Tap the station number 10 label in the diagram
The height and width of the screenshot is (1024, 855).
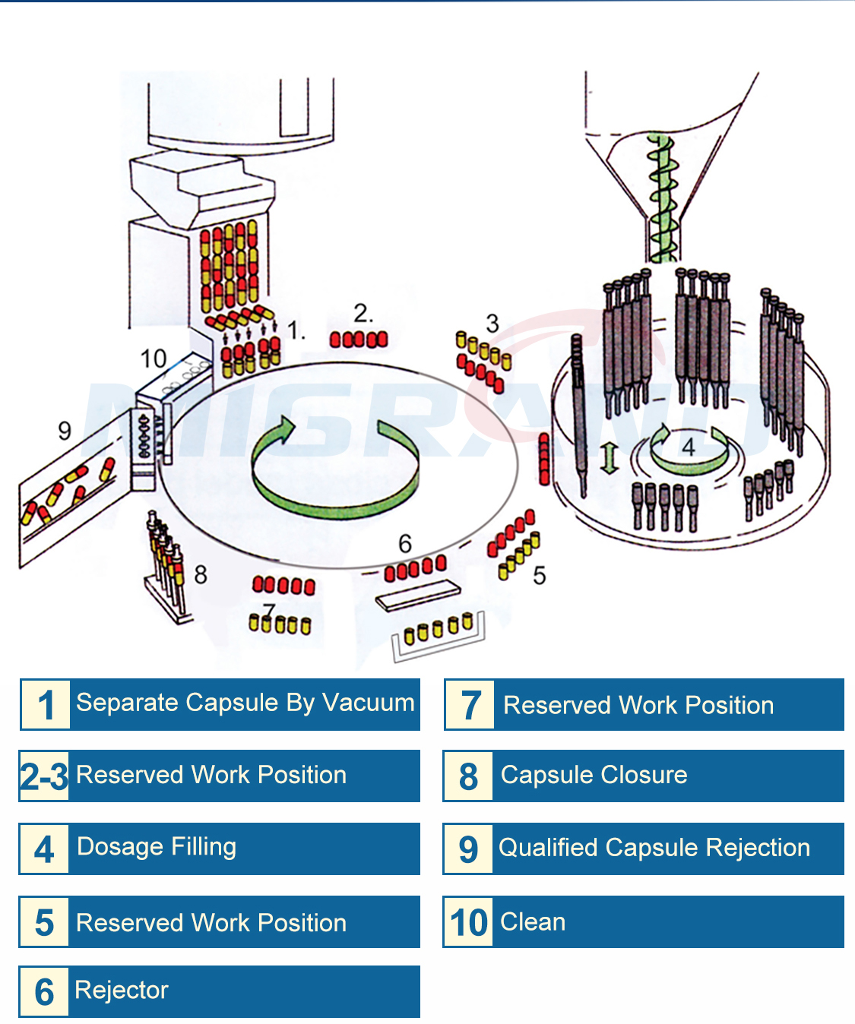(x=153, y=358)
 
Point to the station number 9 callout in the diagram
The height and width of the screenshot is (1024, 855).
(x=65, y=431)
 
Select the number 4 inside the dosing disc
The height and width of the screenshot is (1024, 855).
(x=689, y=446)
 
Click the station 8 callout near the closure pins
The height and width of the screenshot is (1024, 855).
(x=201, y=574)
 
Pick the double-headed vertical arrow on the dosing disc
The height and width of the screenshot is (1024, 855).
(x=607, y=459)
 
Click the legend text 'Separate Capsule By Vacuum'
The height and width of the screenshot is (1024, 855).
(x=245, y=703)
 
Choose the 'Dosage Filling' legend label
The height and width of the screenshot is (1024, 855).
(x=157, y=846)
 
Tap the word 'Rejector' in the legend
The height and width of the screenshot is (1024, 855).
(x=122, y=990)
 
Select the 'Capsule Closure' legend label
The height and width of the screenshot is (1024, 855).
(x=594, y=775)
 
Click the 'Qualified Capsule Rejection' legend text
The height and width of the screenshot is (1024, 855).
(x=654, y=847)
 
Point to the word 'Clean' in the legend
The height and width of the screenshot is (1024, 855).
(x=533, y=921)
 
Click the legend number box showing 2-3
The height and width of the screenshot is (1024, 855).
(x=44, y=776)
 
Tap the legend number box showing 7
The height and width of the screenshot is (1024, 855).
(x=470, y=705)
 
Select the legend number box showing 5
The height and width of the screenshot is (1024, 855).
(x=44, y=922)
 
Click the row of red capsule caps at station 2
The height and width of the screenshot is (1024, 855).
(x=359, y=340)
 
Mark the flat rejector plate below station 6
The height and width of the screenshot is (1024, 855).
(x=418, y=596)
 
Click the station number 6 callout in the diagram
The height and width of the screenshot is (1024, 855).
(x=405, y=543)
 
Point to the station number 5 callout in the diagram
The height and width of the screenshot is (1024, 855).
(x=540, y=575)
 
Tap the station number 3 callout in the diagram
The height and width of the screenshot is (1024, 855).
(x=492, y=323)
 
